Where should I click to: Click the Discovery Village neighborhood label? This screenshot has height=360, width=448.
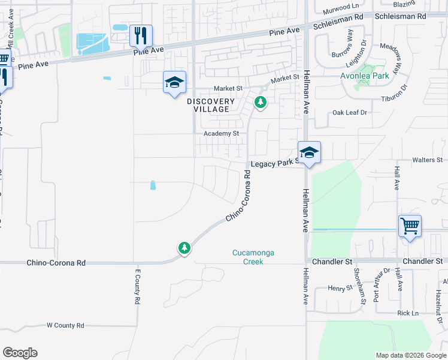(x=210, y=105)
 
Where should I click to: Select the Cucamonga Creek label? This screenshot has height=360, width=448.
(x=253, y=257)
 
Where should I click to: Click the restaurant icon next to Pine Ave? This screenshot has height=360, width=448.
(x=141, y=36)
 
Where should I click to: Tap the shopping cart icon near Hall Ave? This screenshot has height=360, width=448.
(x=410, y=227)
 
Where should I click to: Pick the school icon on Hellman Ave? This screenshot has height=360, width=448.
(x=309, y=153)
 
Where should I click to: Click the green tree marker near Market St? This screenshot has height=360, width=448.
(x=260, y=102)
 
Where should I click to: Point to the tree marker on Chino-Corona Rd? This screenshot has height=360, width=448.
(x=184, y=247)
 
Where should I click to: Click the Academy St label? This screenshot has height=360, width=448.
(x=221, y=133)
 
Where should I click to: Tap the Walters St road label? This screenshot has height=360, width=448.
(x=426, y=160)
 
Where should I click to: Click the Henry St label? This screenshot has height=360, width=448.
(x=340, y=288)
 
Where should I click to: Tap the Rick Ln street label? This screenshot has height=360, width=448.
(x=407, y=313)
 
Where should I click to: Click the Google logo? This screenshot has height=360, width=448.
(x=20, y=353)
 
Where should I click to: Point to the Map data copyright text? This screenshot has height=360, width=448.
(x=411, y=355)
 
